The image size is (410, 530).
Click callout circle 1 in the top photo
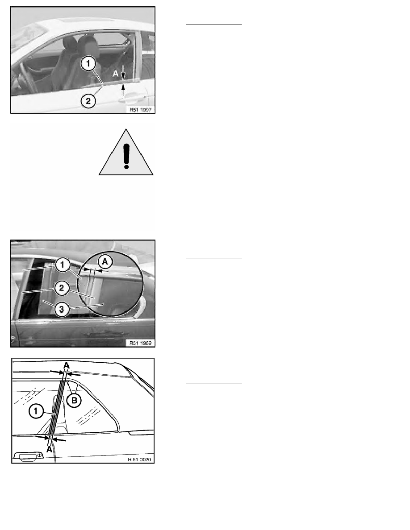88,63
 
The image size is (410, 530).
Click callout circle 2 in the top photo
88,101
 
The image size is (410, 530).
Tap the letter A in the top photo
116,73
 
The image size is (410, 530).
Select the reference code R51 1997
140,109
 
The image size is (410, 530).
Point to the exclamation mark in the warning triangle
126,156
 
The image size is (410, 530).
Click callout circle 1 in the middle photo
62,265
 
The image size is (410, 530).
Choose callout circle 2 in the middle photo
62,288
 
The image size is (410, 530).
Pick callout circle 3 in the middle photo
62,309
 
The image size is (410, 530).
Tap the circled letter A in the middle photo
105,261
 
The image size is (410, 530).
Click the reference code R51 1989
140,343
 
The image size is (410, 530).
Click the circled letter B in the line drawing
75,401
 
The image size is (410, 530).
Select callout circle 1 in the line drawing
36,411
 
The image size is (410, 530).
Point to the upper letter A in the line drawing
66,365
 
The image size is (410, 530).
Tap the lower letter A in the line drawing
50,450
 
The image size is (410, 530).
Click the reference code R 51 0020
139,460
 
